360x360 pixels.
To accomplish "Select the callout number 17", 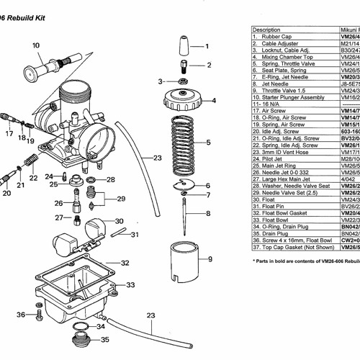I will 9,132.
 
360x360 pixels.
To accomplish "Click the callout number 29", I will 120,199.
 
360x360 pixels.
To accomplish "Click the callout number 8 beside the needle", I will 208,213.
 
